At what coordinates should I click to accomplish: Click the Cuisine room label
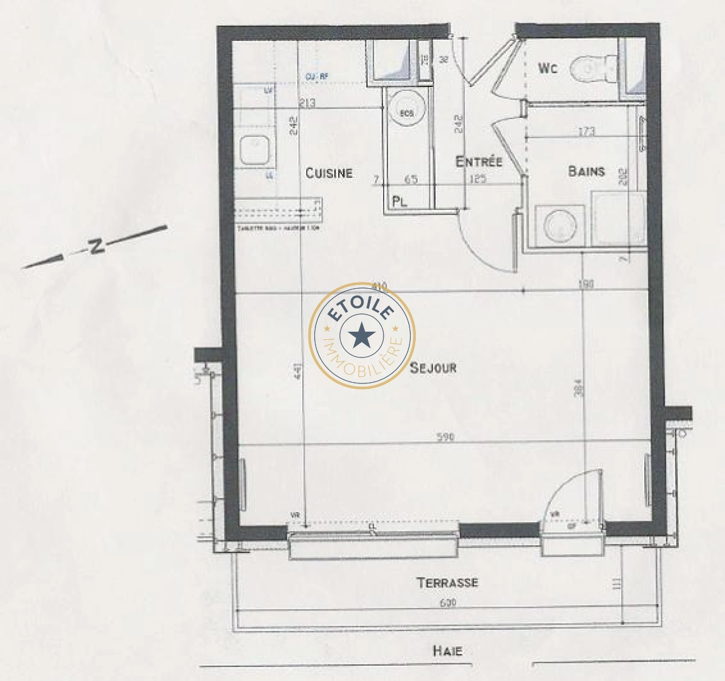point(329,173)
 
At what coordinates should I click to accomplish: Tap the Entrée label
point(479,162)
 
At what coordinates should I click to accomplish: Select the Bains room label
point(586,171)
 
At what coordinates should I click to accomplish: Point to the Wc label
point(548,68)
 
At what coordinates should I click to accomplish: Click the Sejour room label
point(433,368)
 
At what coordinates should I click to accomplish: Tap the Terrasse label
point(447,583)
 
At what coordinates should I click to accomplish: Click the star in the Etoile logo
point(362,335)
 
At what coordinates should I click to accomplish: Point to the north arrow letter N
point(96,246)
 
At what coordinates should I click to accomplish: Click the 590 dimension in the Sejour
point(445,437)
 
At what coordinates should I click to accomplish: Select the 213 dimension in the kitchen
point(309,103)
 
